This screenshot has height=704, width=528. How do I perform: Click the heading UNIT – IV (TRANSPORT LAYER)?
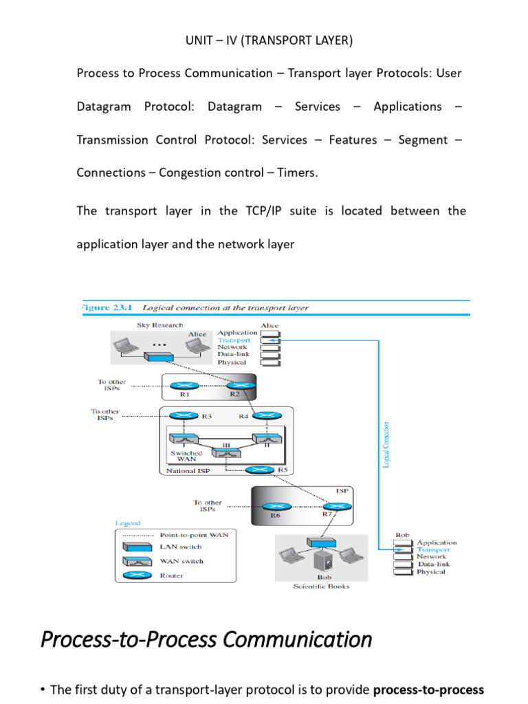(269, 41)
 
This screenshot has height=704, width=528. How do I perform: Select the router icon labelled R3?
(182, 415)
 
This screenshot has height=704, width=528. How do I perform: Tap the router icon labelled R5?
(259, 470)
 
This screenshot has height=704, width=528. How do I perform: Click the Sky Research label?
(159, 324)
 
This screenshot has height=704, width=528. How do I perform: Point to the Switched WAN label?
(186, 456)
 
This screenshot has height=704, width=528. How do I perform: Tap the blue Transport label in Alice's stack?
(234, 340)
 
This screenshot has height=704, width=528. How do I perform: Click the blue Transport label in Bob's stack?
(433, 549)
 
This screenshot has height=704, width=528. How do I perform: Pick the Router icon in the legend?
(137, 575)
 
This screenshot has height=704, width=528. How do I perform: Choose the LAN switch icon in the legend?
(137, 547)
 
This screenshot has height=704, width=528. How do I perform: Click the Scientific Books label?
(321, 586)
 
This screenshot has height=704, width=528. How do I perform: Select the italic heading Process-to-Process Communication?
(206, 639)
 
